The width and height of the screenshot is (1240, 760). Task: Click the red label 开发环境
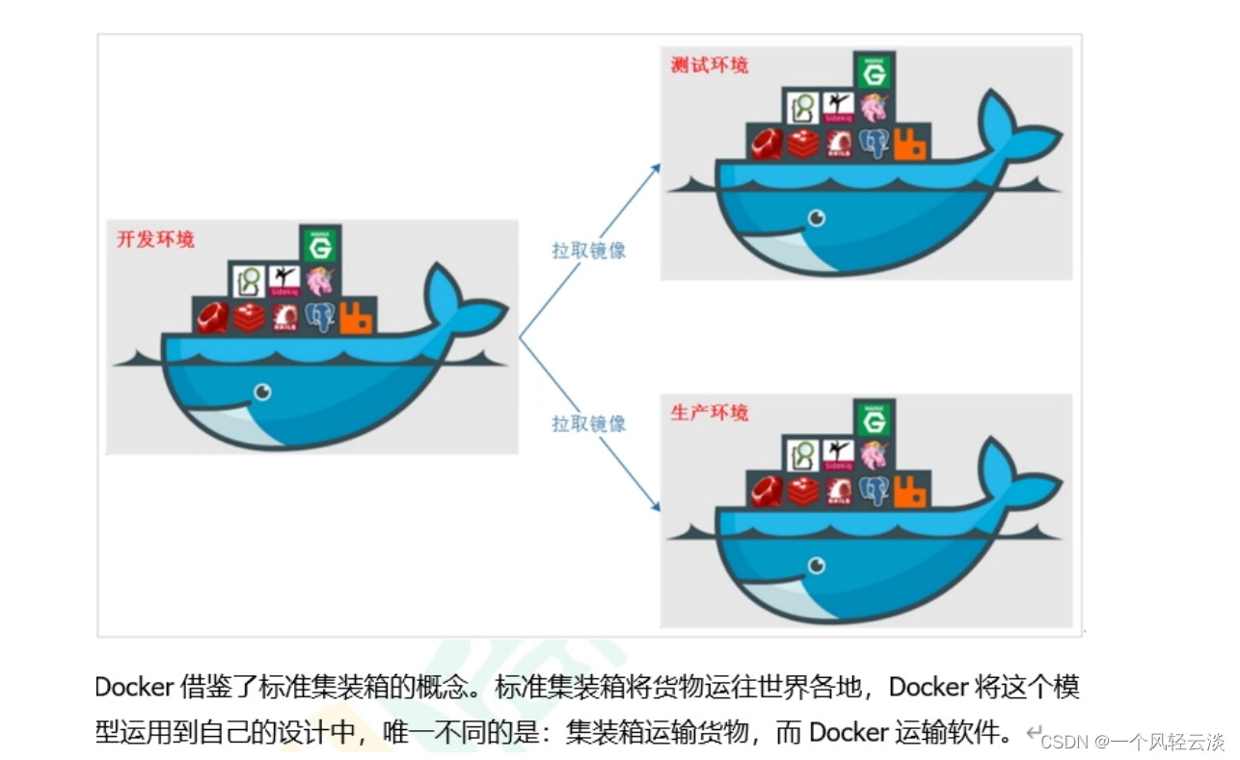155,239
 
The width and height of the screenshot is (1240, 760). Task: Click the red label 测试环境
709,66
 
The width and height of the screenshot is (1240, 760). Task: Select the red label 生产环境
709,413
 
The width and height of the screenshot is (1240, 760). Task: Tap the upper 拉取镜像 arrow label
588,250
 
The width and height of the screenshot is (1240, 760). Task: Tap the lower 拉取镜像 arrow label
588,423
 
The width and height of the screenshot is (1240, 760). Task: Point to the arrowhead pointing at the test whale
656,168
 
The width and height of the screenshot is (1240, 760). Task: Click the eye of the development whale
261,392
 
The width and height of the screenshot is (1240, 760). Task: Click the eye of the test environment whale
817,218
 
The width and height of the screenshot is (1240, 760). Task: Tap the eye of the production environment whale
817,565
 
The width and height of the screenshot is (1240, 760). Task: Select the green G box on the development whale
319,244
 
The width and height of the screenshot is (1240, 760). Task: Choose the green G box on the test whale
874,70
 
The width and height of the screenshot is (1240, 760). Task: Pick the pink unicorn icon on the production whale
874,454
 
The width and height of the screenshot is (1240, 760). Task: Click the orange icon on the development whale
356,317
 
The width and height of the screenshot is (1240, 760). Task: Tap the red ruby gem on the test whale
767,144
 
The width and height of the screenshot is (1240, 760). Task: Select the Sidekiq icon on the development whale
283,281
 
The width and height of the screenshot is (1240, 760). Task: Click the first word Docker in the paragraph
134,688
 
